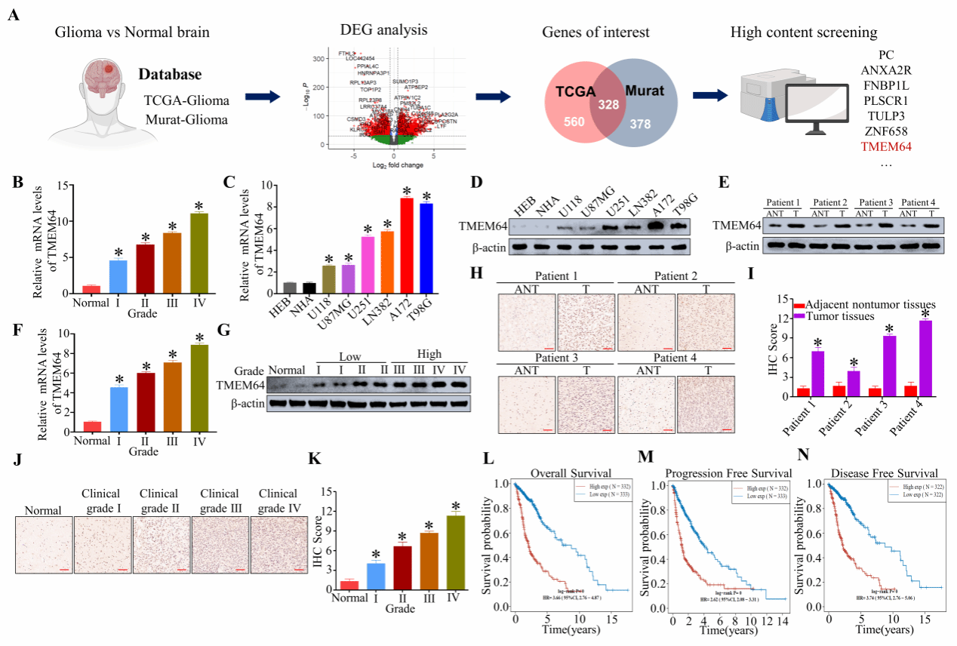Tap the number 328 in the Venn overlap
click(608, 106)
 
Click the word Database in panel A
click(170, 75)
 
